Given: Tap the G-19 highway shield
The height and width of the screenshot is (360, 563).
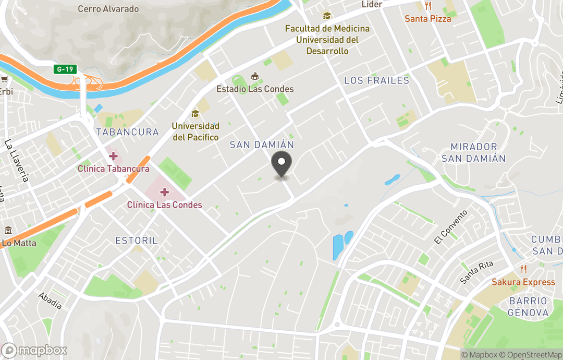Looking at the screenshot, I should point(65,69).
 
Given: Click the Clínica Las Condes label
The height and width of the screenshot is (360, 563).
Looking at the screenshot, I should point(165,205).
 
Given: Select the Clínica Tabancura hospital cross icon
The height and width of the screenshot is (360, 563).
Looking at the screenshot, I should point(113,156).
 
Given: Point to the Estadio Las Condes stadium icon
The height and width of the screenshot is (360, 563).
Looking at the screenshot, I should point(255,77).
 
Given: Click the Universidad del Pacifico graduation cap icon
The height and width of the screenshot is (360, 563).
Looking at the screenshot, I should point(195,114).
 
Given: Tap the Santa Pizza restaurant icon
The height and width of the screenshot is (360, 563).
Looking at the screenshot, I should point(428,6).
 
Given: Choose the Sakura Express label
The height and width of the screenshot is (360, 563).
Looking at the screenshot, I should point(523,282).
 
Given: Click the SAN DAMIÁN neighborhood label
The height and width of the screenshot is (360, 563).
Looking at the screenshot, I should point(262,145).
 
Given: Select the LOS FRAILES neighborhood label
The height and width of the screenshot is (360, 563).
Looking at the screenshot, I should point(377,80).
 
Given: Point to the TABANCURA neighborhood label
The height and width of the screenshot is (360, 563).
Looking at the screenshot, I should point(127,132).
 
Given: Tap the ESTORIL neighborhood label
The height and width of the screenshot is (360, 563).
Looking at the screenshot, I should point(136,241).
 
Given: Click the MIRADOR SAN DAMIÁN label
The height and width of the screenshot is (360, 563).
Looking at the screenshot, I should point(473,152).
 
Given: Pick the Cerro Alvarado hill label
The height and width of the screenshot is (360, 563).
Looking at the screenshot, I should point(108,9).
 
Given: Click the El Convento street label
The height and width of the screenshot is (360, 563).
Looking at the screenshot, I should point(451,227).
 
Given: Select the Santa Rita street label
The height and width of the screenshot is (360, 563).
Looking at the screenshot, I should point(476,272).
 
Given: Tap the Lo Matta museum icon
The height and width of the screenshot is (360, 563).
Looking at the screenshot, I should point(8,230).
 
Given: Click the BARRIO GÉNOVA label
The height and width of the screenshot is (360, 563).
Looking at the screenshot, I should point(529,307).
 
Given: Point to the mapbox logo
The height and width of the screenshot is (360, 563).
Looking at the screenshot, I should point(34,350).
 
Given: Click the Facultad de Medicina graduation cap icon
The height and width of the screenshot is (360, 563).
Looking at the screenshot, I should point(327,16).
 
